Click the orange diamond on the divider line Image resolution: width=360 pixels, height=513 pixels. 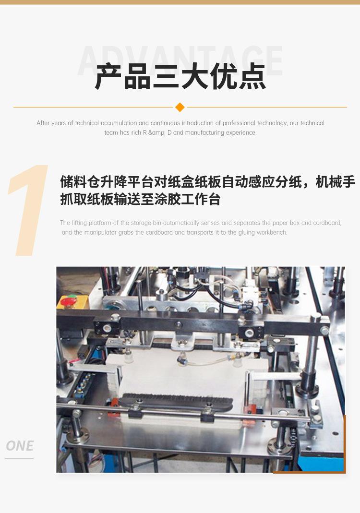click(x=180, y=107)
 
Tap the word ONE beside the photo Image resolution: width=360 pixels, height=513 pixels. click(x=20, y=446)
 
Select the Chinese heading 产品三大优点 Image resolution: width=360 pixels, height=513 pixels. click(x=180, y=77)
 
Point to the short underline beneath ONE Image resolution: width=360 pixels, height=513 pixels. click(x=19, y=459)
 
